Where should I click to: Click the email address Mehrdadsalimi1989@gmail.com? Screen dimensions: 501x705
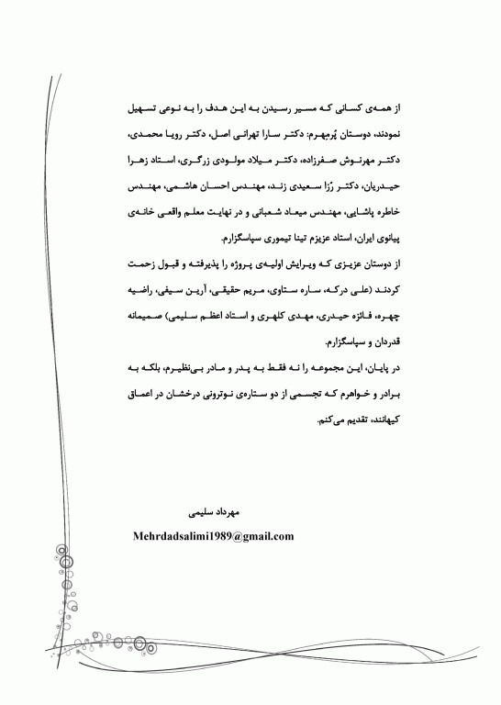click(x=213, y=536)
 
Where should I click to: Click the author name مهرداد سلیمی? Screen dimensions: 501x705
click(x=212, y=506)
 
